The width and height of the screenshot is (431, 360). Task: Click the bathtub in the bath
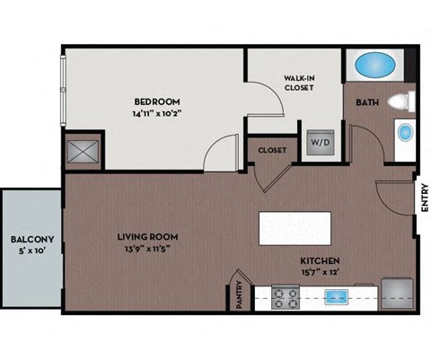tap(371, 66)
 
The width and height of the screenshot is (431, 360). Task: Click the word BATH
tap(367, 102)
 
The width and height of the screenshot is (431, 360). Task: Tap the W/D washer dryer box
tap(320, 143)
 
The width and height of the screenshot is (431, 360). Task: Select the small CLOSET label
tap(272, 151)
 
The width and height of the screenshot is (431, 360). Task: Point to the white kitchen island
tap(295, 227)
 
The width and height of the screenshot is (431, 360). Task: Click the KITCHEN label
tap(320, 261)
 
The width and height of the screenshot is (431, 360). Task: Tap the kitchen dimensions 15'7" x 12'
tap(320, 272)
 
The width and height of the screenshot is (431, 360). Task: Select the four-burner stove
tap(286, 297)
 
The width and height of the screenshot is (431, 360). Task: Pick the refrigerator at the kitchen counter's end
tap(397, 295)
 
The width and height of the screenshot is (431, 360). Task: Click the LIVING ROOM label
tap(147, 236)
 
